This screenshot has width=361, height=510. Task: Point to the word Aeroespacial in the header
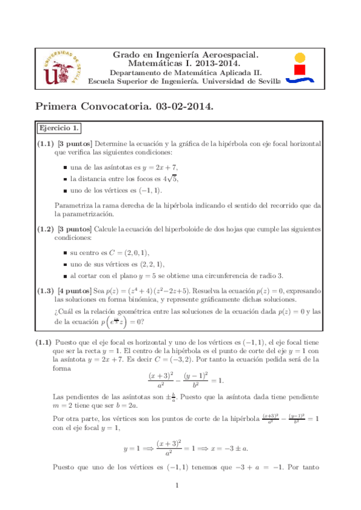pyautogui.click(x=230, y=55)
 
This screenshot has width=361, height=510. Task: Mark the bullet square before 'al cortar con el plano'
pyautogui.click(x=65, y=276)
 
